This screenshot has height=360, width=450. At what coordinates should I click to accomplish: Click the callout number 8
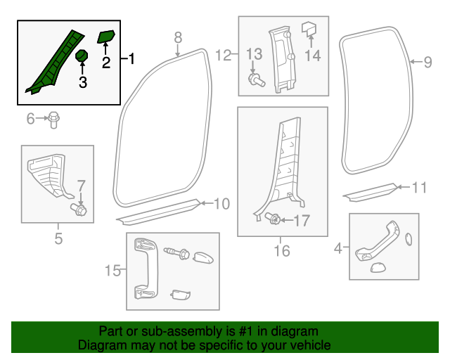pyautogui.click(x=178, y=37)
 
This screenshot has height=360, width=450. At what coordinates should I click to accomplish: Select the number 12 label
pyautogui.click(x=223, y=55)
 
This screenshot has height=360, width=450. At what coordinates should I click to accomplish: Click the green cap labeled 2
pyautogui.click(x=108, y=36)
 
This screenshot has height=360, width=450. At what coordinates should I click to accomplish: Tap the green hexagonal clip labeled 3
pyautogui.click(x=82, y=55)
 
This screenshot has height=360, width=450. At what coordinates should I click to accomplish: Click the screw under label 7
pyautogui.click(x=79, y=209)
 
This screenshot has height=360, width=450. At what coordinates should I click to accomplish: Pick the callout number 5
pyautogui.click(x=58, y=239)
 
